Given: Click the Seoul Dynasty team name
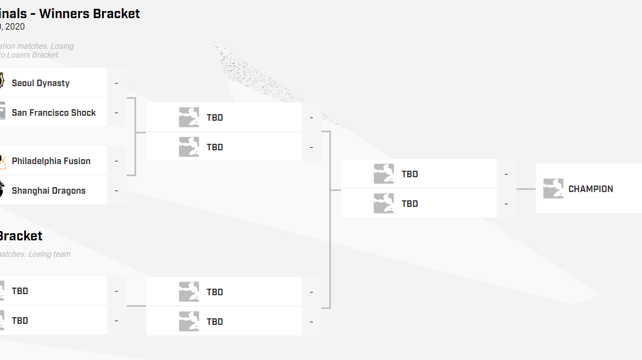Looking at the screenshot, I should [41, 83].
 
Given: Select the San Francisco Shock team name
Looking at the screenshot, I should [54, 113].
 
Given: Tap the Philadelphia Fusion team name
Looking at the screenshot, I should [51, 161].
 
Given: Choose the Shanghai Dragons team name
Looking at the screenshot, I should [49, 191].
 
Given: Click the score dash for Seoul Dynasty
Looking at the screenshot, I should [116, 83].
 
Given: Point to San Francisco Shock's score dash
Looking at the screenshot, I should [116, 113].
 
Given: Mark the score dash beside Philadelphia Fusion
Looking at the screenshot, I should [116, 161].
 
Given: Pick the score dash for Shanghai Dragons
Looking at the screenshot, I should [116, 191].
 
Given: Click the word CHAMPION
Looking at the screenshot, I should [590, 189].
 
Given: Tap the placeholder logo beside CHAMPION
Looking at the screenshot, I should [553, 189].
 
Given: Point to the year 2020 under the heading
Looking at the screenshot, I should [15, 27].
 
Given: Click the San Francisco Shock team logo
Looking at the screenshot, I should [2, 113].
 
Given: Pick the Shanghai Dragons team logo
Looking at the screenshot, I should [2, 190].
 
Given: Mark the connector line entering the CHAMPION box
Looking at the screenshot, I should [526, 189].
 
